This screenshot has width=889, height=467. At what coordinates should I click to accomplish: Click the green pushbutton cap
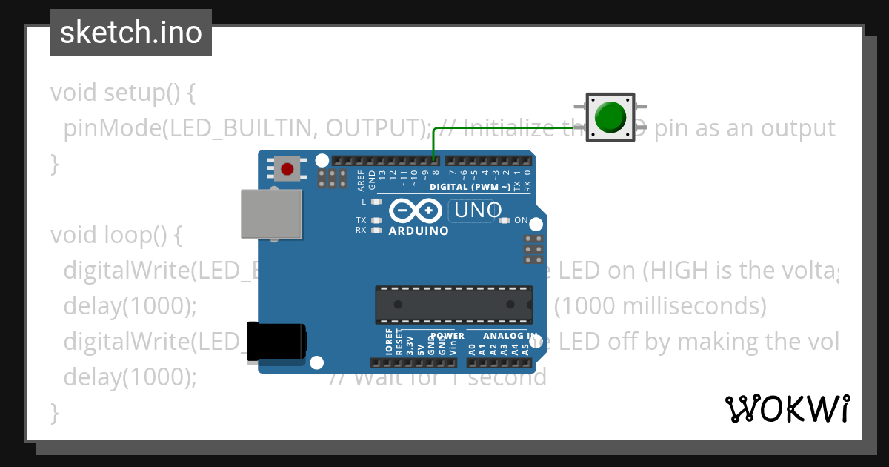(610, 118)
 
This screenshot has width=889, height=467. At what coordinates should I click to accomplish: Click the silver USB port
(271, 213)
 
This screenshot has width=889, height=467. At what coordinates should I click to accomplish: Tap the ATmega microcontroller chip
(453, 305)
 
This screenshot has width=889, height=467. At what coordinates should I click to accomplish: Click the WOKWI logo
(787, 408)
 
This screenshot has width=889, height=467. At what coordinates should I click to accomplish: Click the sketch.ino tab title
(131, 33)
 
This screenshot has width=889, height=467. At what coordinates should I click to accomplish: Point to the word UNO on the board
(478, 211)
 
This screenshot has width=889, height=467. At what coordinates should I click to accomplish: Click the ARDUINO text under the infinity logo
(419, 231)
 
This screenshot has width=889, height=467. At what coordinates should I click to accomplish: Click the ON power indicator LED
(506, 220)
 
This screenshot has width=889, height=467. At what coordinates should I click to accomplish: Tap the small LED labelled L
(376, 202)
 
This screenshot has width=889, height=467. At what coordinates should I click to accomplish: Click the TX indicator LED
(376, 220)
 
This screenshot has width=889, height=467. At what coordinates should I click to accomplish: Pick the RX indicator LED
(376, 230)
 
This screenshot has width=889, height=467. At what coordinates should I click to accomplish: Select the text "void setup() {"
(122, 93)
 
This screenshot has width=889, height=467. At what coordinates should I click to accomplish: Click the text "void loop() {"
(116, 235)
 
